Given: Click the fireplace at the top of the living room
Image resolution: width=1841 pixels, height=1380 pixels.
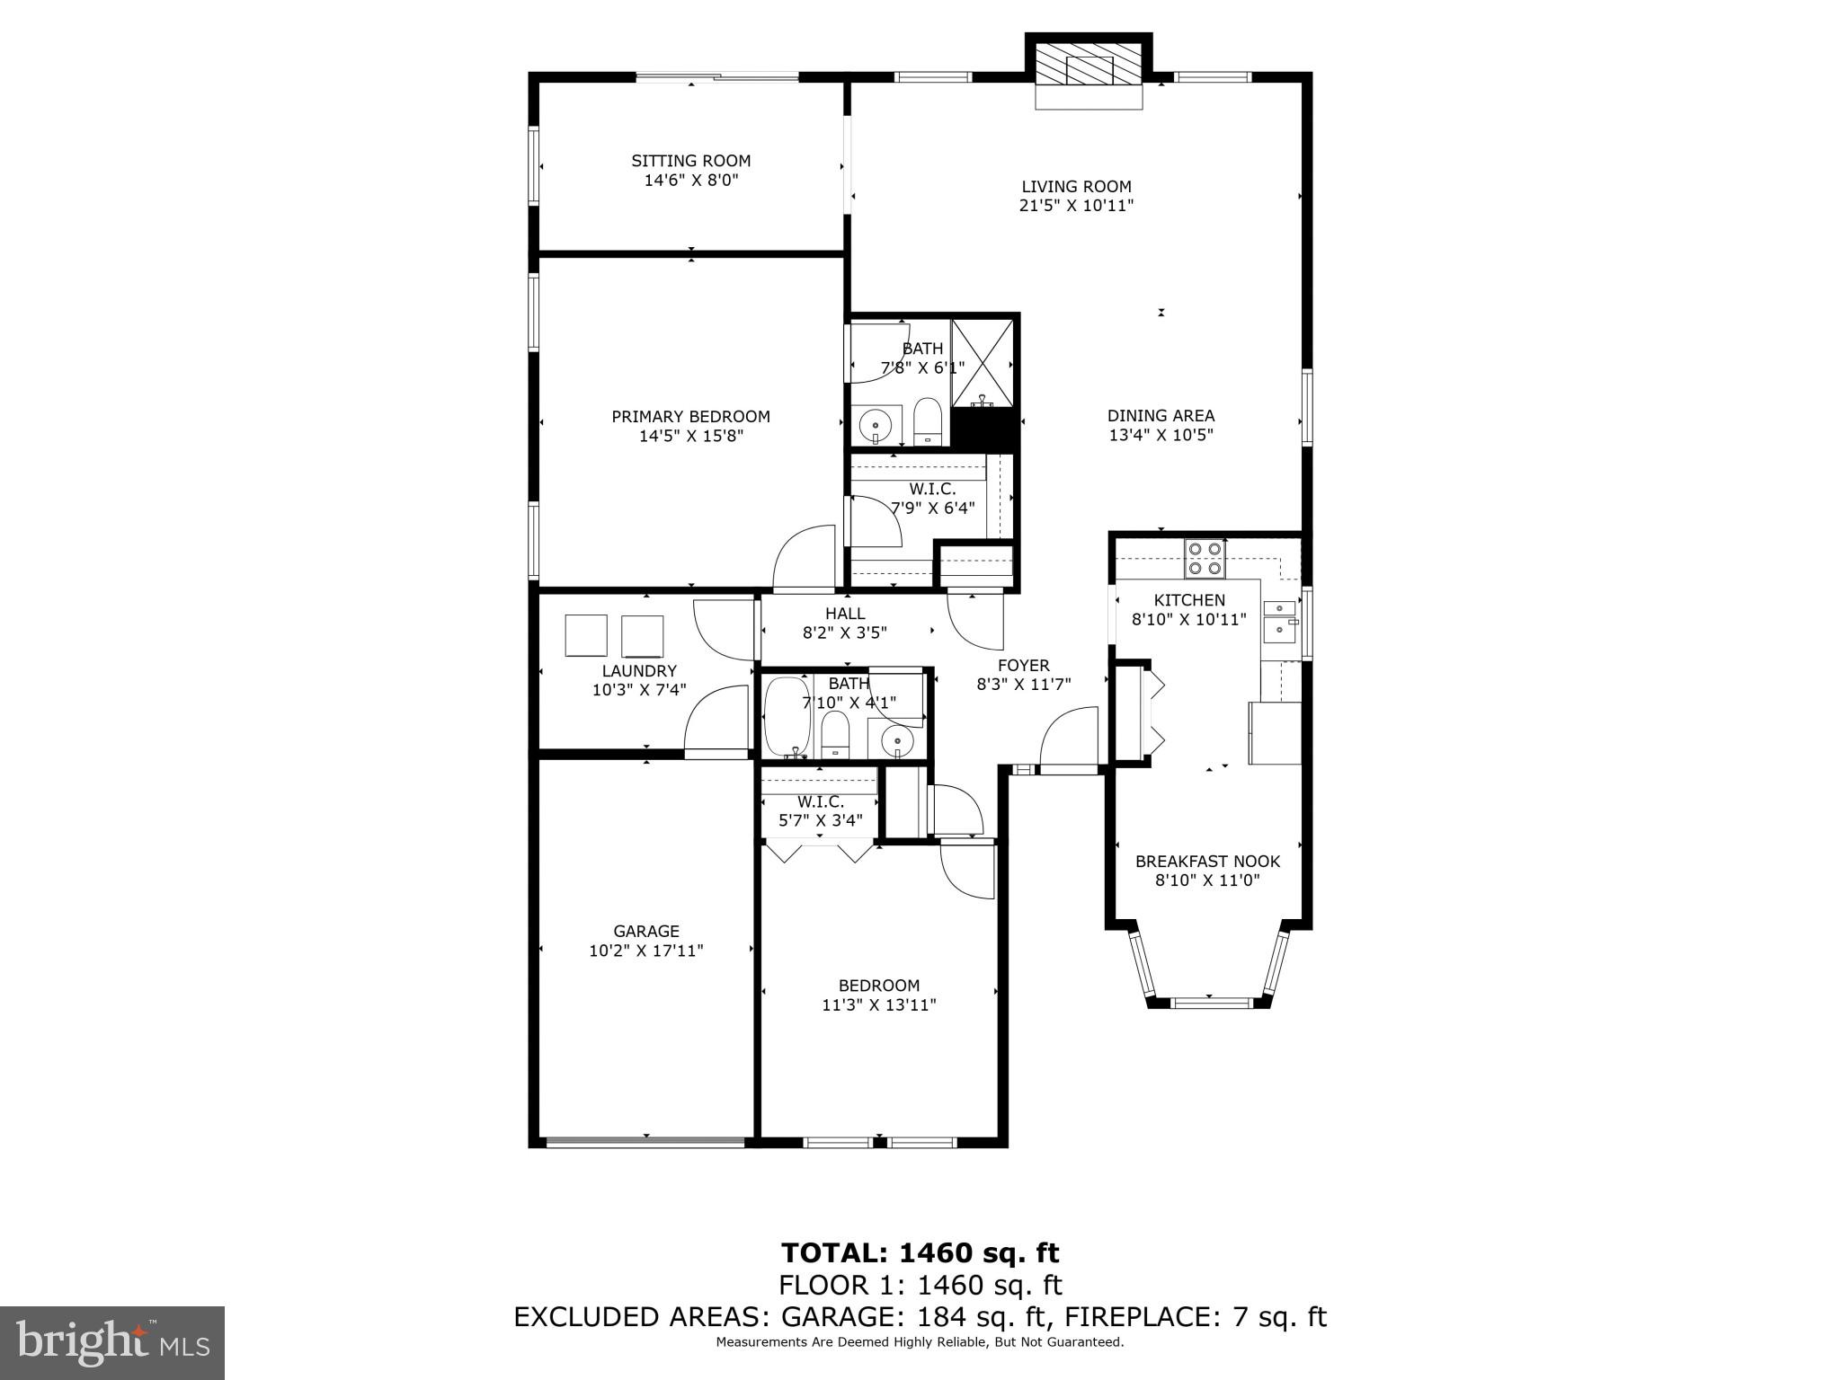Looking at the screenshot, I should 1089,68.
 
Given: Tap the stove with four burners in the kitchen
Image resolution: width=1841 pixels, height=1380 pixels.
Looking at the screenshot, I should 1205,557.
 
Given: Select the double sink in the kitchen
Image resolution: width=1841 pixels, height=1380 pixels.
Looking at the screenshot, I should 1280,621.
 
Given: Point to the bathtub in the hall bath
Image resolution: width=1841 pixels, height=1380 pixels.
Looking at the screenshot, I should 786,716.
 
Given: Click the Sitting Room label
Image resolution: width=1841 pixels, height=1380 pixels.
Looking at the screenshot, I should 690,161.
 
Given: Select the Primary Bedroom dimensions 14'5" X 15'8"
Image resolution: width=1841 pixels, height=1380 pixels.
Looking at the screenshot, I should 690,437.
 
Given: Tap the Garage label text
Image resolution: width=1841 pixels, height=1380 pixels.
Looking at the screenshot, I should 645,931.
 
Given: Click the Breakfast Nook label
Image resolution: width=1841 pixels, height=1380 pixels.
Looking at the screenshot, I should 1207,861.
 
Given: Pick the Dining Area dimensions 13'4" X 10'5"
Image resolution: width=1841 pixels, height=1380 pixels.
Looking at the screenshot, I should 1161,436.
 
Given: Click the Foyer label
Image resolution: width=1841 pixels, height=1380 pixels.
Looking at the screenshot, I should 1023,666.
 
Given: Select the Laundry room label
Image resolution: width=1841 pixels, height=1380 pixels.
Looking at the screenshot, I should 638,671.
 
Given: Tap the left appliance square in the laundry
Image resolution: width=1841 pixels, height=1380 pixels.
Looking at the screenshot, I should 586,635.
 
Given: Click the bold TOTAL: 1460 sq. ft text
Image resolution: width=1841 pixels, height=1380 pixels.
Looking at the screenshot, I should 920,1252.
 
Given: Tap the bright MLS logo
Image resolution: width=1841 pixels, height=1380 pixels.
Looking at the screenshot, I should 111,1343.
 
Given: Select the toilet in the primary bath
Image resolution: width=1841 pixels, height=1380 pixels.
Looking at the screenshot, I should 926,421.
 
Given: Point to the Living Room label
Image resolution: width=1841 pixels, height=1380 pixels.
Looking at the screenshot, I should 1076,187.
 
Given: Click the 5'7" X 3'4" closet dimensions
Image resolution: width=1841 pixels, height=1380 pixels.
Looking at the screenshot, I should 820,820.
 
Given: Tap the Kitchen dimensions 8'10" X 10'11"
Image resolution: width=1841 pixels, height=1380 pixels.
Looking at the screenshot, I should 1188,619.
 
